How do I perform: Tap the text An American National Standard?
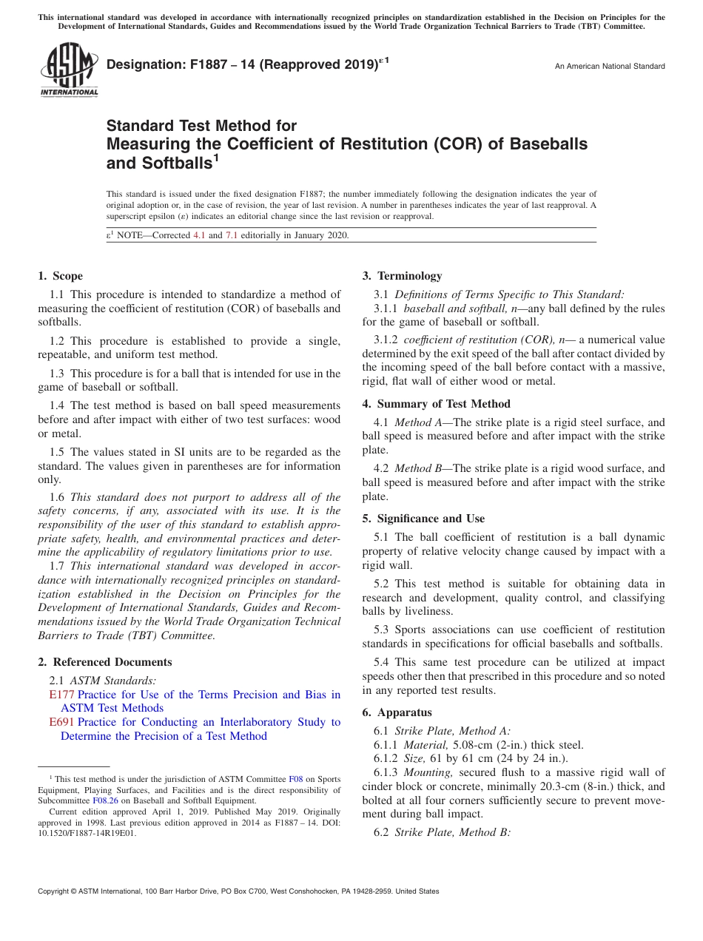pyautogui.click(x=610, y=67)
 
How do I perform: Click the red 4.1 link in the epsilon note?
pyautogui.click(x=199, y=235)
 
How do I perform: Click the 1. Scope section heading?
pyautogui.click(x=60, y=276)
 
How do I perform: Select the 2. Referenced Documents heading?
pyautogui.click(x=104, y=662)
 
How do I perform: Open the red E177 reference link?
pyautogui.click(x=61, y=695)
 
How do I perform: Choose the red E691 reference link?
pyautogui.click(x=61, y=722)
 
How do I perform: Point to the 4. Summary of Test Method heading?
pyautogui.click(x=436, y=404)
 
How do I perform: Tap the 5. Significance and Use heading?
pyautogui.click(x=423, y=519)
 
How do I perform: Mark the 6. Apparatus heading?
pyautogui.click(x=397, y=713)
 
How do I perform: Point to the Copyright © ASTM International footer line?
pyautogui.click(x=238, y=891)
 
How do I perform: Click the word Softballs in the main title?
pyautogui.click(x=173, y=163)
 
